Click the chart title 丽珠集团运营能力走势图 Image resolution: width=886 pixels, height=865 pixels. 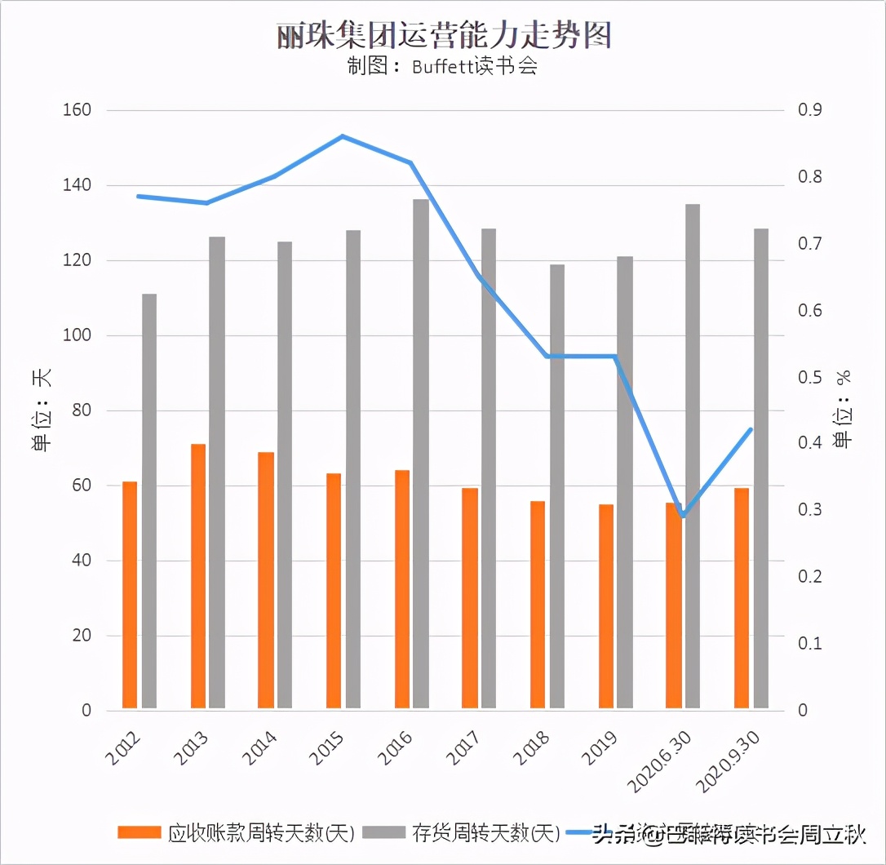[x=444, y=35]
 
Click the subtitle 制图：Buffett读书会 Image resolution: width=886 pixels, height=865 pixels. [x=442, y=67]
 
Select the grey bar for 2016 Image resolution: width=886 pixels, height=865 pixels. [x=420, y=453]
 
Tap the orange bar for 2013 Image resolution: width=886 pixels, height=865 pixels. [x=198, y=575]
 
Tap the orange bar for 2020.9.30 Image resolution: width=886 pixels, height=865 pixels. [x=742, y=597]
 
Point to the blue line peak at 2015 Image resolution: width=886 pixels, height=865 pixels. [x=343, y=136]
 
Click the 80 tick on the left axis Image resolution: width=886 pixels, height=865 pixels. [x=80, y=410]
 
